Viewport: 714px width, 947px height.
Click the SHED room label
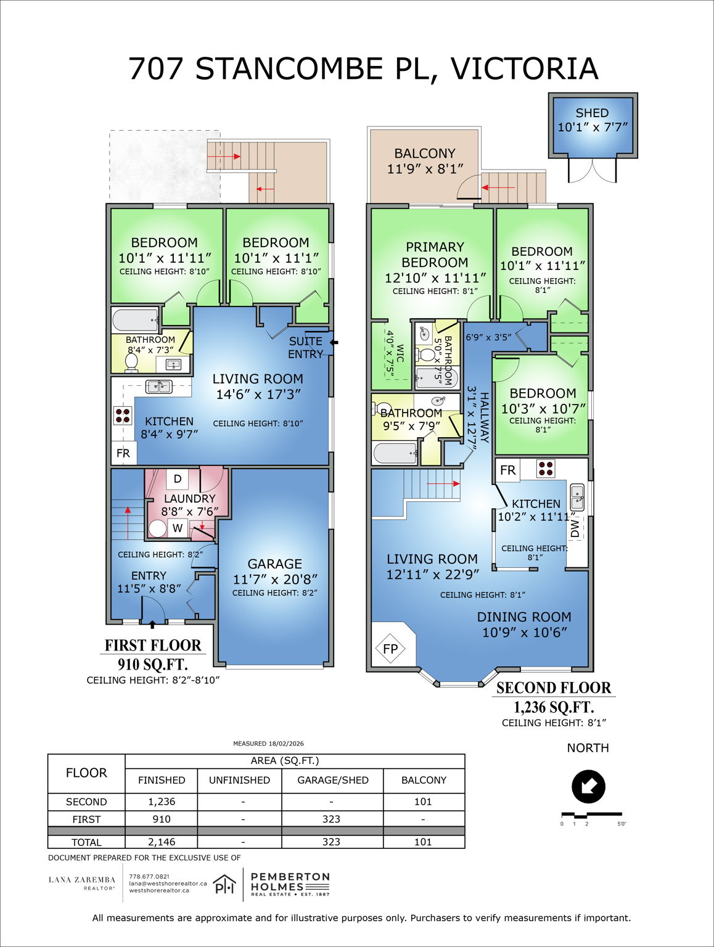(x=592, y=113)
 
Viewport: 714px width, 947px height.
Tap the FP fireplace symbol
(x=390, y=649)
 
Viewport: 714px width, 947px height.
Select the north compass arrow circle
(x=588, y=787)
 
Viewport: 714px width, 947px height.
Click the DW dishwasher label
(x=575, y=528)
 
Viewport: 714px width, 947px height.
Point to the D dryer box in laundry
(x=178, y=478)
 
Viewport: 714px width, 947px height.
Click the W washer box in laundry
(x=178, y=528)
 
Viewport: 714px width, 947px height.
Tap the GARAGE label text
(x=274, y=564)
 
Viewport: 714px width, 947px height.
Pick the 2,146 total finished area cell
(x=162, y=842)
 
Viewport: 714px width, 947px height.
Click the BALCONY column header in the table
(x=424, y=780)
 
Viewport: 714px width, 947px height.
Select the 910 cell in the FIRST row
(x=162, y=819)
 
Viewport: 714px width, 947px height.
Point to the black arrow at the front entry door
(x=152, y=625)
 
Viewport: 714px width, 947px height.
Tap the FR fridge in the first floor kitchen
(x=123, y=453)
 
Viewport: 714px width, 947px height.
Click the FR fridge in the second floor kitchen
(x=508, y=470)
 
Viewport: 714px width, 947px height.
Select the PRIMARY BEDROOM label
(x=435, y=255)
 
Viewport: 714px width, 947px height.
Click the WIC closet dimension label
(x=395, y=355)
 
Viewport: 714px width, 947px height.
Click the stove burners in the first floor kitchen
(x=123, y=416)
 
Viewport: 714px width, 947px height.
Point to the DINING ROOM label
(x=523, y=617)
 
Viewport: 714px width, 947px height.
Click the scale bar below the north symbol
(x=591, y=815)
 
